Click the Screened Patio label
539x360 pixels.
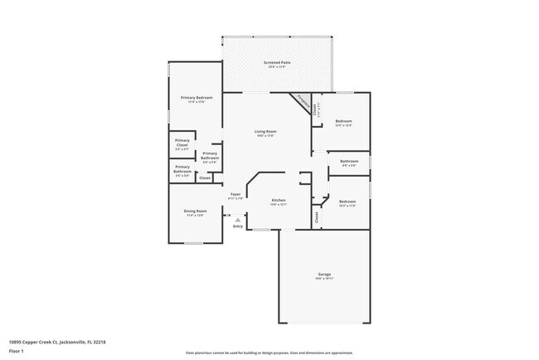pos(277,63)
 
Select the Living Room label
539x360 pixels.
pos(265,132)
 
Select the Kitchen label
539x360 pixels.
pos(279,201)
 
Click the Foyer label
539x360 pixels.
pos(236,195)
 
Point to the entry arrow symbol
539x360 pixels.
pos(238,219)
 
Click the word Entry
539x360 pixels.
pos(238,226)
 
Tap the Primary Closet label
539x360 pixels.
pos(182,143)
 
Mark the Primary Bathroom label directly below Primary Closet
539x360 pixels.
pos(182,169)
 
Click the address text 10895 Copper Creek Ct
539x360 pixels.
pos(57,341)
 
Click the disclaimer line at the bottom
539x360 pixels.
pos(269,353)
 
